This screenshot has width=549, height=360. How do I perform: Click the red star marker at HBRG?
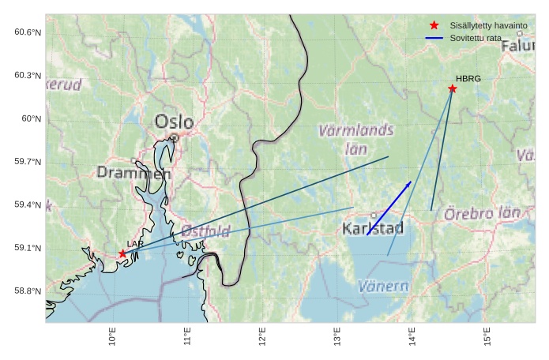[453, 88]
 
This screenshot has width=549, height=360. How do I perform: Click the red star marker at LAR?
[122, 253]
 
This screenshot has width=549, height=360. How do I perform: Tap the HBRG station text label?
[468, 78]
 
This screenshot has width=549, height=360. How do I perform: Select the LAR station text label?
[134, 244]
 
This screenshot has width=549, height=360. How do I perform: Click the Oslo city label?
[174, 122]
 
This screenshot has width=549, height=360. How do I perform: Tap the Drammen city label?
[133, 172]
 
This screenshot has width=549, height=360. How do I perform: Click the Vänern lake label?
[383, 285]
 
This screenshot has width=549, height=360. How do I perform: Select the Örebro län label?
[482, 213]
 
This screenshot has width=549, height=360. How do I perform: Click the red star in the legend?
[434, 26]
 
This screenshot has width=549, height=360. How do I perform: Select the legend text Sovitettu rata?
[476, 38]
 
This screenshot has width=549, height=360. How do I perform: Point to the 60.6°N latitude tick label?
[27, 32]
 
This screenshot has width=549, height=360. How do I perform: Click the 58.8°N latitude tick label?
[27, 291]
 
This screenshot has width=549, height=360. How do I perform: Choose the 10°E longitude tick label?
[112, 337]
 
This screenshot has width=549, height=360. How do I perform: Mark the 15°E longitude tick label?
[487, 337]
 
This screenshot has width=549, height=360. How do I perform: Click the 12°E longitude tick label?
[262, 337]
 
